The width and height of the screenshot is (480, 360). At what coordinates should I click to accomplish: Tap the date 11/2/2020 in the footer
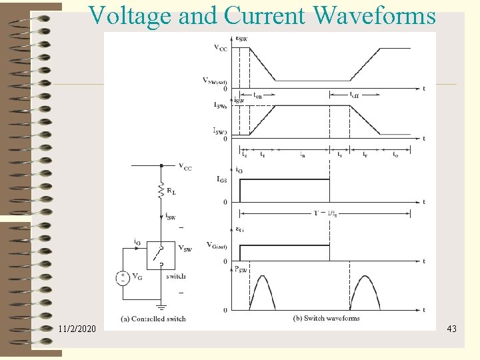click(77, 329)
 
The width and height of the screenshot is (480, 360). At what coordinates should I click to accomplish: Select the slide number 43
click(451, 329)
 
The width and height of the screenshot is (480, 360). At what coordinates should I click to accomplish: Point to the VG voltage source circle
click(122, 278)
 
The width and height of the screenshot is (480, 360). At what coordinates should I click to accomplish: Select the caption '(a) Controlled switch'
click(154, 319)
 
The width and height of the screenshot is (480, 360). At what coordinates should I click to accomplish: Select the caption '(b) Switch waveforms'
click(326, 318)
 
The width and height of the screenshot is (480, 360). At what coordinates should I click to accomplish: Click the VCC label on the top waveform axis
click(219, 47)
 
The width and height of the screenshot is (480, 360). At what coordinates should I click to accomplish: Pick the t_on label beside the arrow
click(257, 95)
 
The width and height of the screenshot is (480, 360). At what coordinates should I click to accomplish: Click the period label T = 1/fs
click(325, 213)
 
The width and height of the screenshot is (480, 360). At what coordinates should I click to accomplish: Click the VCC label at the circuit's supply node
click(185, 167)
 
